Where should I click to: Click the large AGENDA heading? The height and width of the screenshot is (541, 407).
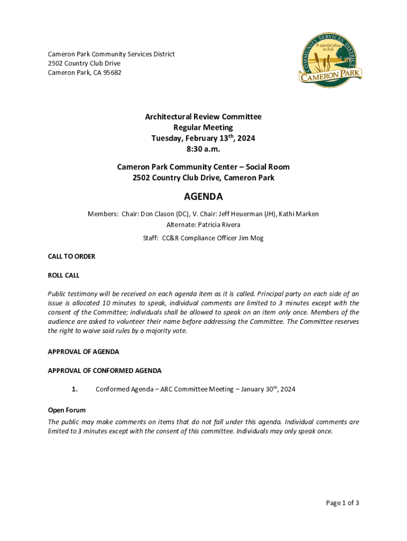point(203,197)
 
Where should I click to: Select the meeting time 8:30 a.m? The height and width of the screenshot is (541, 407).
point(203,149)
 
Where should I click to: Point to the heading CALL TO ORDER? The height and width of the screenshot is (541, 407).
point(71,256)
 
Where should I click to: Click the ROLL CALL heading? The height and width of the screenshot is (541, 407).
point(63,275)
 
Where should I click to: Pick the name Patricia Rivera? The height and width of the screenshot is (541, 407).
point(219,225)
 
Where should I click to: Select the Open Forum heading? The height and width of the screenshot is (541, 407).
point(67,410)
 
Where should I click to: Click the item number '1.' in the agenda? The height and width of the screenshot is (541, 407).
point(75,389)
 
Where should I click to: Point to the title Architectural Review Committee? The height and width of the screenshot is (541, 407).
point(203,117)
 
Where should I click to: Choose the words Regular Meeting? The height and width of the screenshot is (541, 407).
point(203,127)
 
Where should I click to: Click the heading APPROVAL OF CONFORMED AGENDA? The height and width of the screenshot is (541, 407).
point(105,370)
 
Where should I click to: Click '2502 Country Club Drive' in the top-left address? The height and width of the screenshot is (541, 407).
point(84,63)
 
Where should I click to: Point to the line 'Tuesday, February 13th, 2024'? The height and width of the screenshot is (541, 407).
point(203,138)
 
